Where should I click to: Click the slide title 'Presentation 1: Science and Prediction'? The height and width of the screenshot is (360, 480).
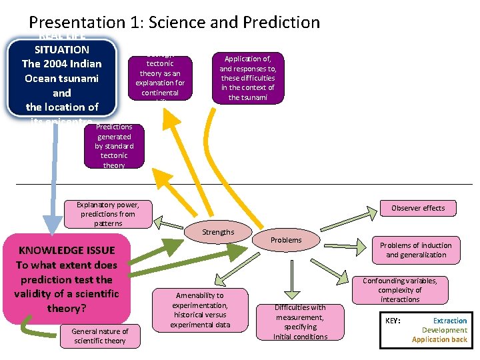click(175, 22)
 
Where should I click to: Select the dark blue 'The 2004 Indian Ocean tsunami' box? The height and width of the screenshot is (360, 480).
click(62, 77)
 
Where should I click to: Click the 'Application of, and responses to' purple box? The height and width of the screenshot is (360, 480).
click(248, 78)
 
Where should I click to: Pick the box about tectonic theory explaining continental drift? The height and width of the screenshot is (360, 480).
click(160, 79)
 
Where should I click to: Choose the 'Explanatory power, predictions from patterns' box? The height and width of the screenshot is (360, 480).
click(106, 214)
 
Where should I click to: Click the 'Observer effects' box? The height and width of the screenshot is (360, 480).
click(418, 208)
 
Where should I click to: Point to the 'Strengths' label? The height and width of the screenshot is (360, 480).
click(219, 232)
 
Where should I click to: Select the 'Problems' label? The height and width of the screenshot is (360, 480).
click(287, 240)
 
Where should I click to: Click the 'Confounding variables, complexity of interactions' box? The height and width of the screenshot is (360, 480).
click(400, 290)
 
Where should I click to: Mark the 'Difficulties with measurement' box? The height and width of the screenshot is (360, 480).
click(301, 321)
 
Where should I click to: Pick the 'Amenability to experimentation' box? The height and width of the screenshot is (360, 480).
click(200, 309)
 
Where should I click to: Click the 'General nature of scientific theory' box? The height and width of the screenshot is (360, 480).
click(100, 336)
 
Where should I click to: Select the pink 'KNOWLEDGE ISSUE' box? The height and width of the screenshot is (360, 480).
click(66, 279)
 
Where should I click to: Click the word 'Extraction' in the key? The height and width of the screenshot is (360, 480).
click(450, 321)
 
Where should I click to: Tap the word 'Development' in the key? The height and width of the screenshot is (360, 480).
click(445, 330)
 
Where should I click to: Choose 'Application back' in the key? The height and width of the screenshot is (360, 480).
click(439, 339)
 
